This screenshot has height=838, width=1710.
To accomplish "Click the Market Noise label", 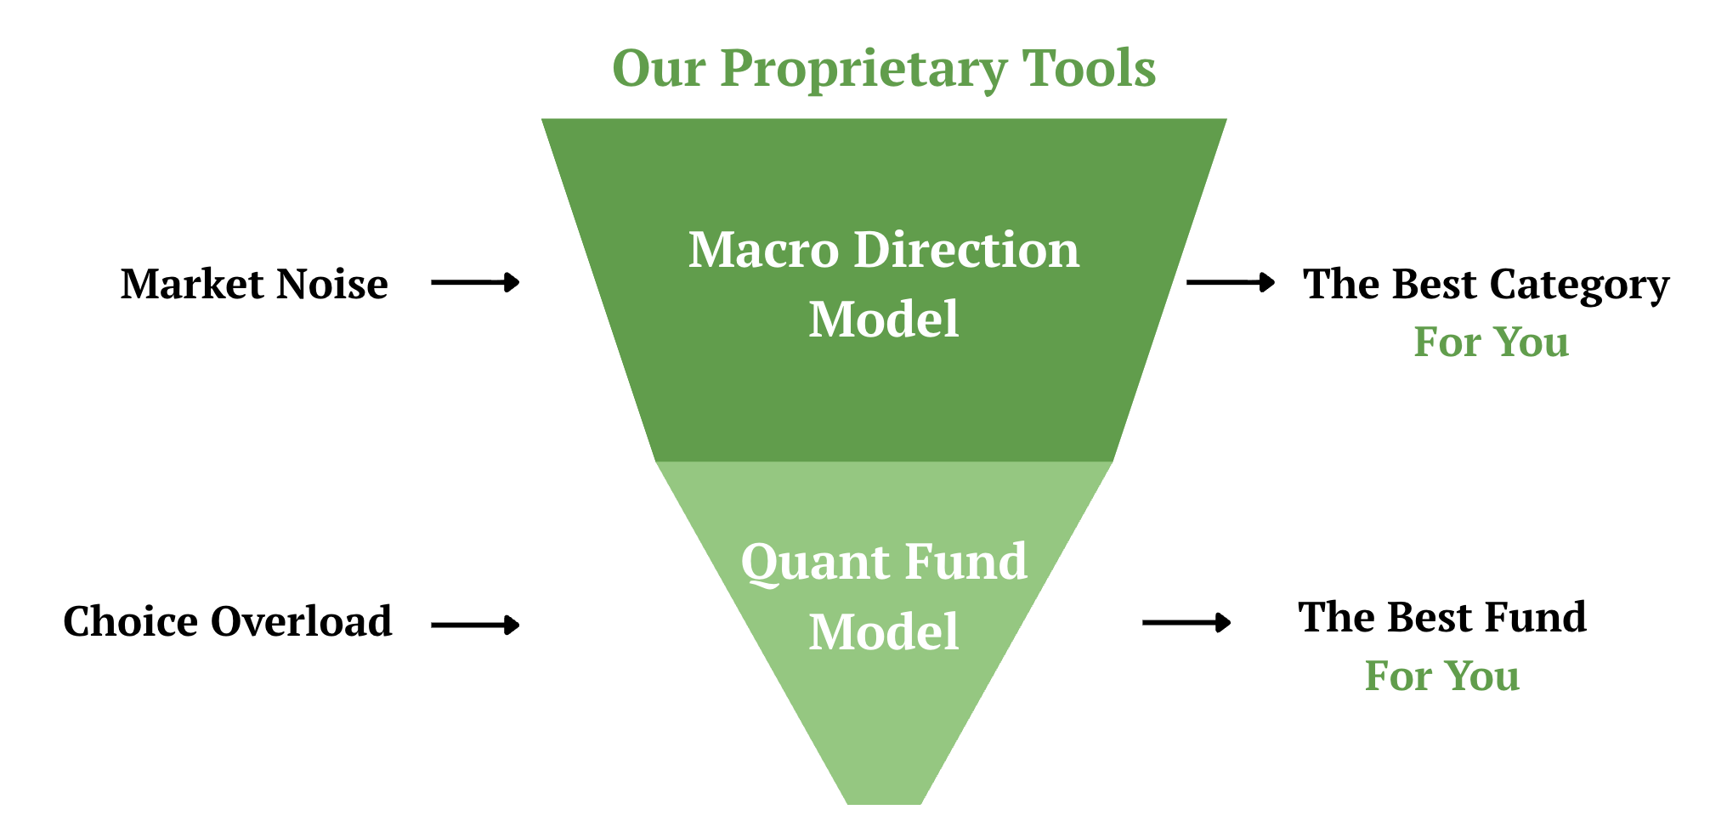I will (254, 284).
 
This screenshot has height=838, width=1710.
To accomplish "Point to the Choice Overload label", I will (228, 621).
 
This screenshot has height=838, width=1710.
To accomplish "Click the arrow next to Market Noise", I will (475, 282).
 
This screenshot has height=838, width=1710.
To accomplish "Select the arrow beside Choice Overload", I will (475, 626).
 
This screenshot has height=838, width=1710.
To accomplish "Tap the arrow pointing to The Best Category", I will (1230, 282).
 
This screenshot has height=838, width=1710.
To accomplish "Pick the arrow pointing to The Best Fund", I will (1186, 623).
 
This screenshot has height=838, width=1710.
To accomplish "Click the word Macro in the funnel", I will (763, 250).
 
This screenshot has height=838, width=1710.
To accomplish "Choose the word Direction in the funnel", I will (966, 250).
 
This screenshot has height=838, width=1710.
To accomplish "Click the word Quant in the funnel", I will (803, 562).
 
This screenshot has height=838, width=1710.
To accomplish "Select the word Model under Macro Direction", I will (884, 320).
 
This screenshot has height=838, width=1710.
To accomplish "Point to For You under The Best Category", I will (1491, 342).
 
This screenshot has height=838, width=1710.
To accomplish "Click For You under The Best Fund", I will (1442, 676).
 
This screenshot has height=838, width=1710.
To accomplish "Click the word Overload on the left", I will (302, 621).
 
